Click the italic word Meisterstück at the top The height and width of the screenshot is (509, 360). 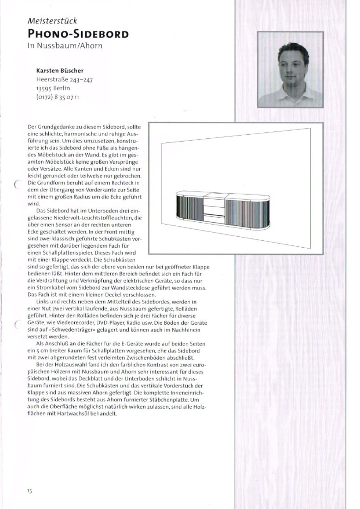click(x=52, y=21)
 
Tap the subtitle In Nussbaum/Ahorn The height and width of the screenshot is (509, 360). click(x=65, y=46)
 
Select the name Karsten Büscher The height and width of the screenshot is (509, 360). click(x=60, y=71)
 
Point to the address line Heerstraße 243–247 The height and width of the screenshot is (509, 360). click(x=65, y=79)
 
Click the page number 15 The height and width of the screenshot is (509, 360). click(x=29, y=490)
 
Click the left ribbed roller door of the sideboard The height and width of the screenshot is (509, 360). click(x=190, y=207)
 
